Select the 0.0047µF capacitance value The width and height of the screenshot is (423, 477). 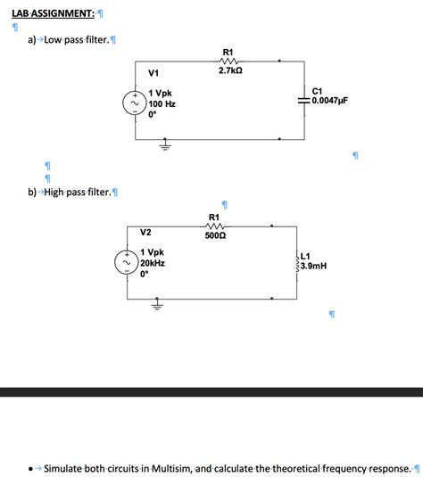point(329,102)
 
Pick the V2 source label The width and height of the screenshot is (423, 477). point(147,233)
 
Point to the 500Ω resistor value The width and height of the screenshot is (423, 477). point(214,237)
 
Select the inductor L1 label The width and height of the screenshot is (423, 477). point(305,256)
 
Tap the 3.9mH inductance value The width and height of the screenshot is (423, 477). point(315,266)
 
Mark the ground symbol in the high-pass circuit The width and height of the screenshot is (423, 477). point(156,306)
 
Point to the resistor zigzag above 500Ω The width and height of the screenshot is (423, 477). point(214,226)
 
